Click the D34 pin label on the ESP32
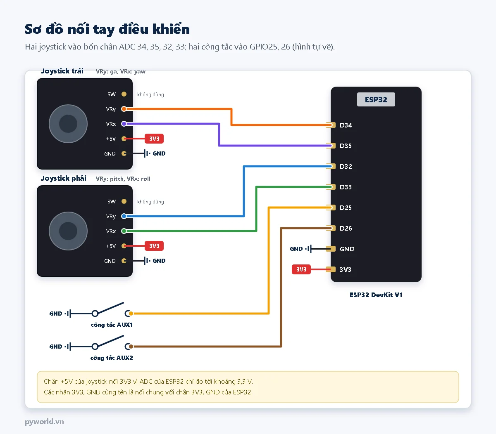346,125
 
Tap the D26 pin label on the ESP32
346,228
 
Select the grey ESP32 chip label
376,99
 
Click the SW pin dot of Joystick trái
124,94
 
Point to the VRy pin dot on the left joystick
124,109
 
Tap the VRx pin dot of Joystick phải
124,231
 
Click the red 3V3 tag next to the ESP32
301,269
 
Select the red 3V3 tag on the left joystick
154,139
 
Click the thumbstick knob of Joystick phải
68,231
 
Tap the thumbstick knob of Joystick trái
68,124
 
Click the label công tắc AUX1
112,325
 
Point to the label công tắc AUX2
112,358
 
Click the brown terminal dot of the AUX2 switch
131,346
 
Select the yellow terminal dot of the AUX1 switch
131,313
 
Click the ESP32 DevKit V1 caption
376,295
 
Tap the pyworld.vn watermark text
44,422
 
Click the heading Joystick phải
64,178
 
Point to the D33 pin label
346,187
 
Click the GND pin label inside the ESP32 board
347,249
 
